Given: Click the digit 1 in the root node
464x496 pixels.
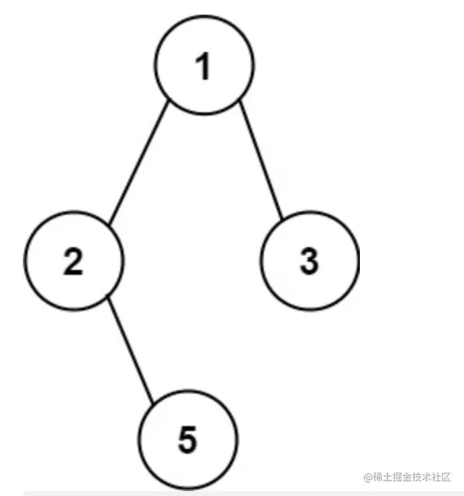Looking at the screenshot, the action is (203, 66).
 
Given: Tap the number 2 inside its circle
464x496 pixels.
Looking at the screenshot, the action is (73, 261).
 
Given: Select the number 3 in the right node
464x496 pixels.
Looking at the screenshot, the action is (309, 261).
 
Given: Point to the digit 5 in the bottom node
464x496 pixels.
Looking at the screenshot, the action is (187, 439).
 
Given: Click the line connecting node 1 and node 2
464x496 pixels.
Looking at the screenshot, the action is (138, 162).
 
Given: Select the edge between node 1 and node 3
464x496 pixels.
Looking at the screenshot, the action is (260, 159).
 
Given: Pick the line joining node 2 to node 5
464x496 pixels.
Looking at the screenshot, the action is (130, 350).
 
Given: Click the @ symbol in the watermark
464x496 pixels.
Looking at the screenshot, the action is (368, 477).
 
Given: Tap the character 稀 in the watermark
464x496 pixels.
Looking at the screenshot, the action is (378, 477).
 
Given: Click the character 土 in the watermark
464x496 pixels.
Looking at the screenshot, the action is (387, 477).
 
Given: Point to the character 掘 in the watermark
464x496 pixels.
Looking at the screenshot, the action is (397, 477).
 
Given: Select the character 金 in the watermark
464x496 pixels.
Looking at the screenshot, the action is (407, 477).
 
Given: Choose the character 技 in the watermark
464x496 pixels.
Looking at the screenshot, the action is (417, 477).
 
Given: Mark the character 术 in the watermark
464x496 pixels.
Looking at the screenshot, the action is (427, 477).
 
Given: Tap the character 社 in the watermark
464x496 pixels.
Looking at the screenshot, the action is (436, 477).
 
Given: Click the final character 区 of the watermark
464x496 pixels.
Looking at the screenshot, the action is (445, 477).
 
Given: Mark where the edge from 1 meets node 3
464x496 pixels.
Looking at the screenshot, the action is (282, 219).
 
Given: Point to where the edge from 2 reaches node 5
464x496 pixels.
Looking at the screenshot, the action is (154, 404).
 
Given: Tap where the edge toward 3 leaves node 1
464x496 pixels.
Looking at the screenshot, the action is (240, 101).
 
